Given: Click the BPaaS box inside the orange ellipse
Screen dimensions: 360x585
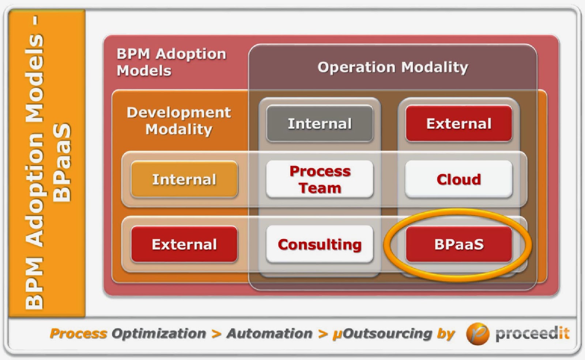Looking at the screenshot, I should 459,244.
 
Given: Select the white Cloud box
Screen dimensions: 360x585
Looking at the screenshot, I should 459,179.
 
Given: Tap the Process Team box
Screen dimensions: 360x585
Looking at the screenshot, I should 320,179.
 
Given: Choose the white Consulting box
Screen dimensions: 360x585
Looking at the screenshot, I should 320,244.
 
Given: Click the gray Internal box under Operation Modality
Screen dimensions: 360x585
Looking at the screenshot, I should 320,124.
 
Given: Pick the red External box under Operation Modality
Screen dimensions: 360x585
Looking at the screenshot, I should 459,124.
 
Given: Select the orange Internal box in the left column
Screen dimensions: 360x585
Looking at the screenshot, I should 184,179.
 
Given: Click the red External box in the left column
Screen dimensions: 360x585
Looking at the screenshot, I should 184,244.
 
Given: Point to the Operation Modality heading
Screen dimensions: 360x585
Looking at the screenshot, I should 393,67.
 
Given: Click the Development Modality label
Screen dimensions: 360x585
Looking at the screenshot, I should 179,121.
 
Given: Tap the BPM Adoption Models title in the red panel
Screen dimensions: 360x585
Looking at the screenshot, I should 171,62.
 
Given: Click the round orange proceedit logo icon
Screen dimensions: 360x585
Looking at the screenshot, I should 478,334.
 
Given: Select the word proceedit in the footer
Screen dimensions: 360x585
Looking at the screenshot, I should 532,334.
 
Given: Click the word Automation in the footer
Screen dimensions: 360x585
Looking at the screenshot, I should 269,334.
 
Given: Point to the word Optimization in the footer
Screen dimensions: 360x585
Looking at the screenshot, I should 159,334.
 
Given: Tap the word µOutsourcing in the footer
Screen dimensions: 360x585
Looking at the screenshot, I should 382,334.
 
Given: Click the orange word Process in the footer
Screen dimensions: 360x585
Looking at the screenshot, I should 78,334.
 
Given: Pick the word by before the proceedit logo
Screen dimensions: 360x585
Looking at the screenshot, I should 446,334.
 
